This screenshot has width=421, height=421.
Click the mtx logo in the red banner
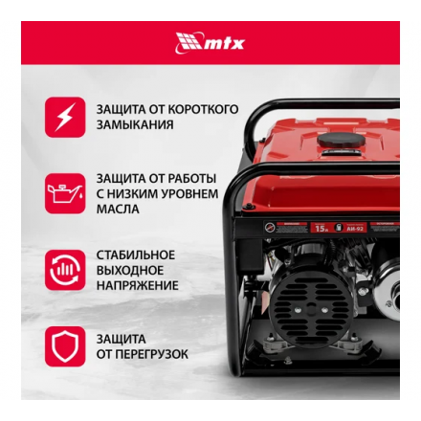(x=210, y=42)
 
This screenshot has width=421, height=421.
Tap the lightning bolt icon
(x=64, y=117)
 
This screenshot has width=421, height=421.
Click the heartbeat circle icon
(x=64, y=270)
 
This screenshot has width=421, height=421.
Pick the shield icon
(x=64, y=346)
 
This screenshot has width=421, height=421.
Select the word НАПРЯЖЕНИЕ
(x=137, y=285)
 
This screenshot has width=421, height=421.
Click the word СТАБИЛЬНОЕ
(x=135, y=255)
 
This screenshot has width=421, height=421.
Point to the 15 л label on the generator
(x=321, y=227)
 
